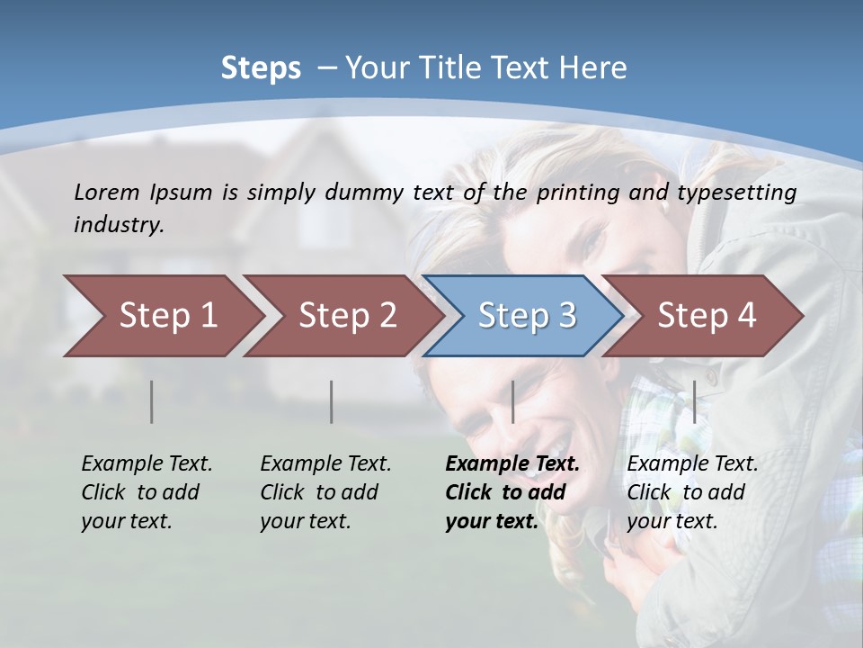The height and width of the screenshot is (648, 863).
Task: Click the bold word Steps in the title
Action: [x=261, y=68]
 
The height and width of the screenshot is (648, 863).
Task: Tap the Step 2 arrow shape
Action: [x=347, y=316]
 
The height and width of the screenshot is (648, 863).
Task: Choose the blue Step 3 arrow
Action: [x=526, y=316]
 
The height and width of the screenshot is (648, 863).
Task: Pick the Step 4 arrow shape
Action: [x=706, y=316]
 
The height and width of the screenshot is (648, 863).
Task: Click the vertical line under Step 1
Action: [x=152, y=401]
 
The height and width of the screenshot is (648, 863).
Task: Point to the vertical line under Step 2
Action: [x=332, y=401]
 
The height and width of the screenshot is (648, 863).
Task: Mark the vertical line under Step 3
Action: [x=512, y=401]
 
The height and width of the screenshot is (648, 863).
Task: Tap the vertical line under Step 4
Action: [x=694, y=401]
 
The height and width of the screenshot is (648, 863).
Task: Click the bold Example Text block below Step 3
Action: [x=512, y=492]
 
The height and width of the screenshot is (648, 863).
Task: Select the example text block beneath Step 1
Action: [x=147, y=492]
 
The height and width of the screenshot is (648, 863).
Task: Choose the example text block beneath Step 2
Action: [x=325, y=492]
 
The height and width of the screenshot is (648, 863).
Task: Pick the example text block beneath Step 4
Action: [x=692, y=492]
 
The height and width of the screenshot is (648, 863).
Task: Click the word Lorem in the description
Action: [x=107, y=192]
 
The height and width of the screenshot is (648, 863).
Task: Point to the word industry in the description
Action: [x=118, y=225]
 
